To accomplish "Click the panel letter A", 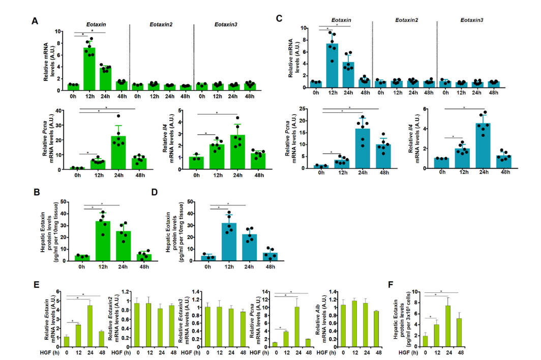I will [35, 21].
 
